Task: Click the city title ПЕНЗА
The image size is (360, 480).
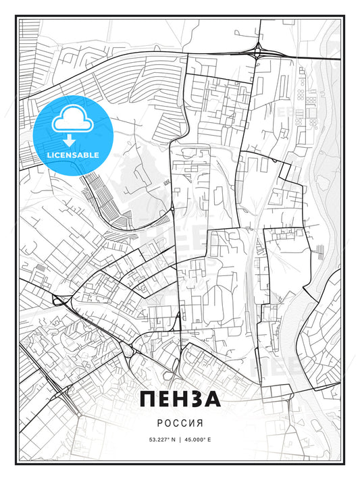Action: (180, 399)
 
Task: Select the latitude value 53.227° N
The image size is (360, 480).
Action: (157, 439)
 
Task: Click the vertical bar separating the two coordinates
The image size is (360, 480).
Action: (180, 439)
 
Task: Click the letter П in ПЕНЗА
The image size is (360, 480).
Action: (149, 399)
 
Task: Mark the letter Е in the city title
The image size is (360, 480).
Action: (164, 399)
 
